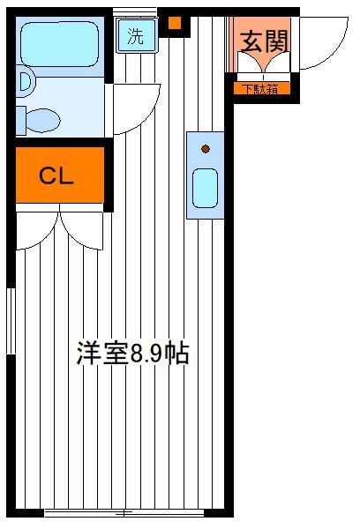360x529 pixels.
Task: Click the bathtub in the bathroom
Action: (x=60, y=44)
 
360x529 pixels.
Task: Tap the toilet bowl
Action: (x=43, y=120)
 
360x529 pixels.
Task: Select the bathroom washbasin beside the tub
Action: (x=26, y=81)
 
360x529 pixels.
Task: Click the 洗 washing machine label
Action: (x=135, y=36)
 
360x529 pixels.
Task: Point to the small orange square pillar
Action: (x=175, y=23)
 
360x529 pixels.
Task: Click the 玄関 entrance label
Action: (x=264, y=41)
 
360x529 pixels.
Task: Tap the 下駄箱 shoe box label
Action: (x=261, y=89)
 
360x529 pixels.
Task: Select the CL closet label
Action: (x=56, y=175)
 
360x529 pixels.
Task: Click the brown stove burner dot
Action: (x=206, y=149)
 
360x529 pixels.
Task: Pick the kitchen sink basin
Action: (x=205, y=188)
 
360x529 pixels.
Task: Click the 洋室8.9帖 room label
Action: (x=132, y=353)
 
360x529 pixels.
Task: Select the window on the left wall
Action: (x=11, y=321)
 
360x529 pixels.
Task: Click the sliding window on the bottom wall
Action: (x=124, y=513)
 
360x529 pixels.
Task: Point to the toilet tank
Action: (x=20, y=121)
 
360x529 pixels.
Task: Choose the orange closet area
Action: (x=60, y=175)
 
